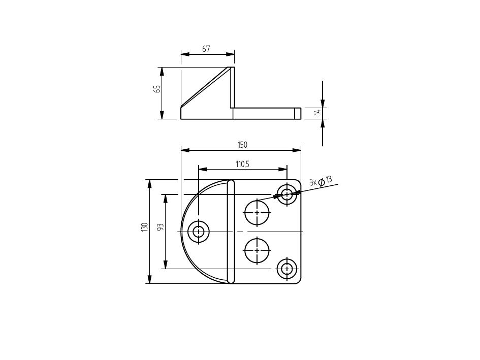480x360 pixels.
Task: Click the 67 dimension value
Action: tap(206, 49)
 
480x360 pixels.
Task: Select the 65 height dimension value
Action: tap(157, 89)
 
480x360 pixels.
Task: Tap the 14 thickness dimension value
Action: tap(318, 112)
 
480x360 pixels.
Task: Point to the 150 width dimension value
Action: tap(242, 145)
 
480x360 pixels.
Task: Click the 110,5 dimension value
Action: tap(242, 164)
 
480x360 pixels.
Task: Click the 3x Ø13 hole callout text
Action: tap(321, 181)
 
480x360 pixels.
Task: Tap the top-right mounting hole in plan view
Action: tap(287, 194)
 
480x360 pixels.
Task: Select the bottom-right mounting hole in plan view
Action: tap(287, 269)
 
